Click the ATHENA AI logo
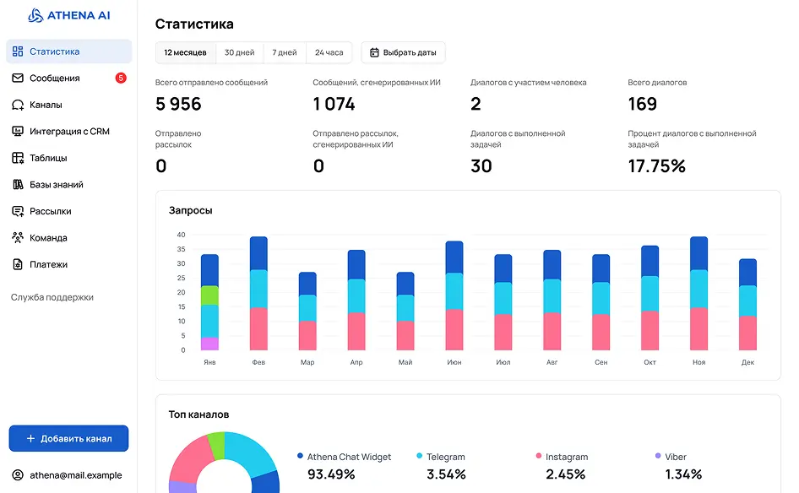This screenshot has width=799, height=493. [x=69, y=15]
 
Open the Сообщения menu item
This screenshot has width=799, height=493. [x=54, y=79]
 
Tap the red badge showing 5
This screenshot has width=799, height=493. [x=121, y=79]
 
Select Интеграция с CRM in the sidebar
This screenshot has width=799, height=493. [x=69, y=132]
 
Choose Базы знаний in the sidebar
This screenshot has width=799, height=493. [x=56, y=185]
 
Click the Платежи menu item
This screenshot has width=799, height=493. [x=48, y=264]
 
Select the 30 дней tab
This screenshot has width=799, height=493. [x=239, y=52]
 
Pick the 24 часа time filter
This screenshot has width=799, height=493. [x=329, y=52]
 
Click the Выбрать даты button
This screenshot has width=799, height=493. [x=403, y=52]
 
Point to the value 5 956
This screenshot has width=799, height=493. [x=178, y=104]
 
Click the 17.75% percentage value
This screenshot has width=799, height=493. [x=656, y=166]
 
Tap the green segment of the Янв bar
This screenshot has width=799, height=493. [x=209, y=295]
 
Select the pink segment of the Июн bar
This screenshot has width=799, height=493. [x=454, y=329]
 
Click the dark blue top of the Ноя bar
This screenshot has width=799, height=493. [x=698, y=253]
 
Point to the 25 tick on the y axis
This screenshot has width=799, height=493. [x=181, y=278]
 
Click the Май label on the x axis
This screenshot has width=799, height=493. [x=405, y=362]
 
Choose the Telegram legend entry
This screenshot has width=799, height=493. [x=444, y=457]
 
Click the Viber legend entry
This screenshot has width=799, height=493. [x=675, y=457]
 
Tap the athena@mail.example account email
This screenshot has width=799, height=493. [x=75, y=475]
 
